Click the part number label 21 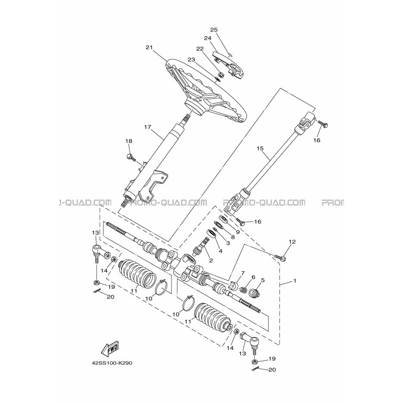149,47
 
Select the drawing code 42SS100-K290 112,363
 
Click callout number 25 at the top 214,30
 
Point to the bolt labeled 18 131,157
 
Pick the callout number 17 147,127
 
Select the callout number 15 260,148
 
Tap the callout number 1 295,281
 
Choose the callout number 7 243,273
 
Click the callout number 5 262,280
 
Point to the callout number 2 211,261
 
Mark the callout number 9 237,232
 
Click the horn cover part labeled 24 227,64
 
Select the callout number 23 191,59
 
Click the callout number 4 220,251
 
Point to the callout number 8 233,237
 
